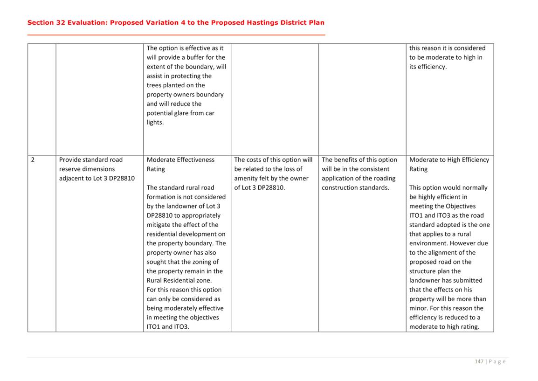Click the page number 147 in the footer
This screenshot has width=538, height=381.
(x=479, y=361)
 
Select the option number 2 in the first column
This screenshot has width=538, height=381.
(x=33, y=159)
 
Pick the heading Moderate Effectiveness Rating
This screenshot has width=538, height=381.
(x=180, y=164)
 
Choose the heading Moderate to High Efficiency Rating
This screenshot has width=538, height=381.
(x=449, y=164)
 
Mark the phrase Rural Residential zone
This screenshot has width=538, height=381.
(x=179, y=280)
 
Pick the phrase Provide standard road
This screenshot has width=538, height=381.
(x=91, y=159)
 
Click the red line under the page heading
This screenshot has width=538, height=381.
(x=176, y=35)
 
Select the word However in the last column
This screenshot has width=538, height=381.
(x=462, y=243)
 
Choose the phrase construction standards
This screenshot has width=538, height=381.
(x=355, y=187)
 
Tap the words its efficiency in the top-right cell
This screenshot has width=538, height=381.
(x=428, y=67)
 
